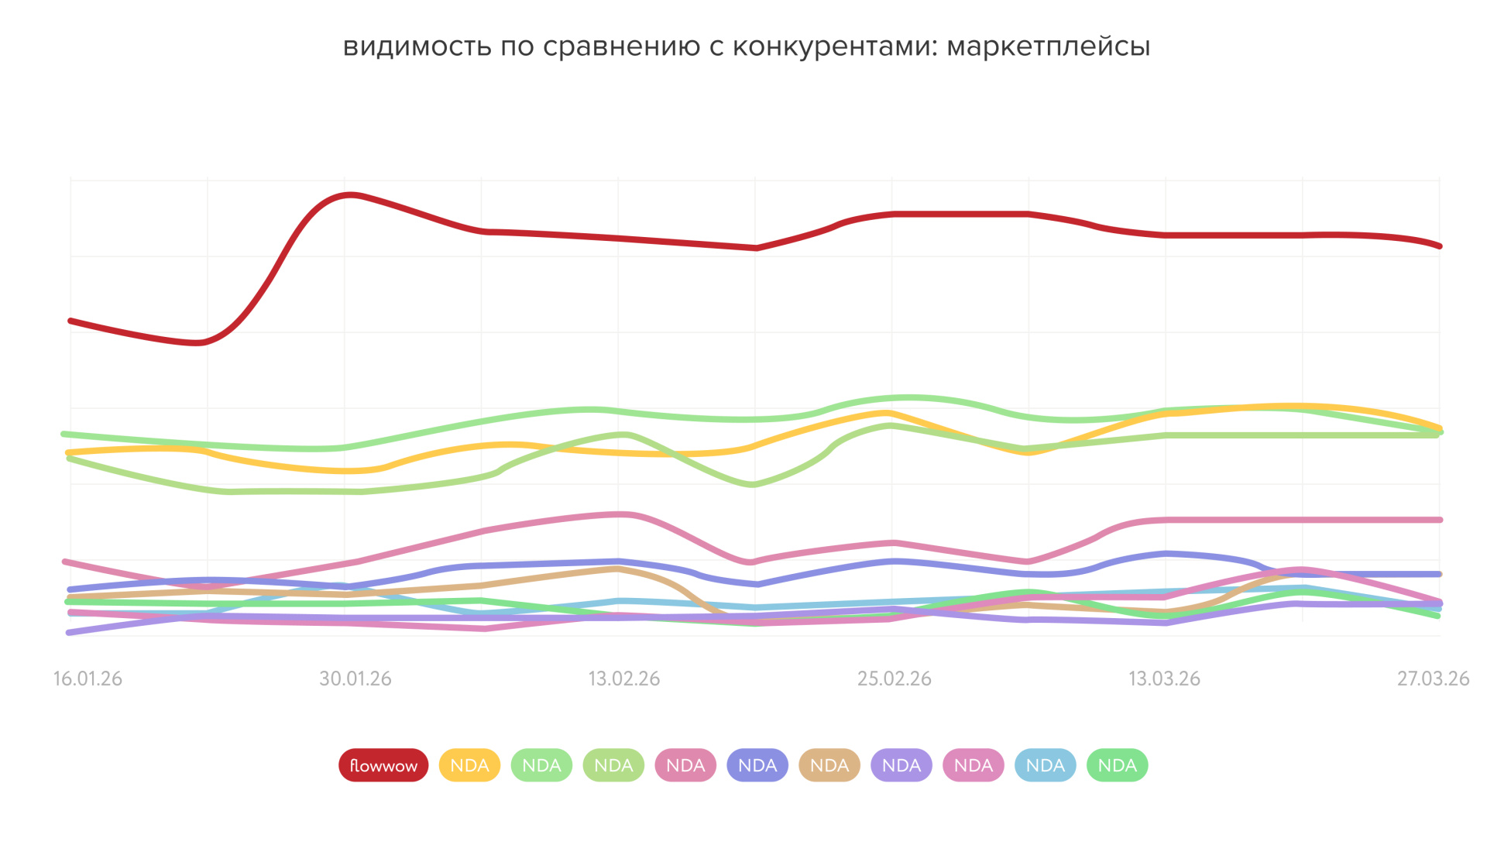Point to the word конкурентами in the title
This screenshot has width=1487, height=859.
tap(835, 47)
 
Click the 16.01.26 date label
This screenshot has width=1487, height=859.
tap(88, 679)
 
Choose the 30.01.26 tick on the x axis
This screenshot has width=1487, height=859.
tap(355, 679)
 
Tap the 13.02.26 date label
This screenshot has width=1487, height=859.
tap(624, 679)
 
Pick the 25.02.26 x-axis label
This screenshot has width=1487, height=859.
tap(894, 679)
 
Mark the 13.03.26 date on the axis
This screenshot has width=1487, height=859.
tap(1164, 679)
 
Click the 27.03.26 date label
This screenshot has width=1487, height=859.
tap(1433, 679)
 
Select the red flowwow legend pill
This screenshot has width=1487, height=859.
tap(383, 765)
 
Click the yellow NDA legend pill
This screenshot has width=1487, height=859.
tap(469, 765)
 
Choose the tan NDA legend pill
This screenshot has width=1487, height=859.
tap(829, 765)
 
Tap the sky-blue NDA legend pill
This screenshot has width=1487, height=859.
tap(1046, 765)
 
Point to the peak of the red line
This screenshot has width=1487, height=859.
tap(351, 194)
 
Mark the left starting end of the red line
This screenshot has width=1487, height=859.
tap(70, 320)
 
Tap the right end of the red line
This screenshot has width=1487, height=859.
tap(1440, 246)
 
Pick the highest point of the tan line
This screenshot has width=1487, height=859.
tap(616, 569)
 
